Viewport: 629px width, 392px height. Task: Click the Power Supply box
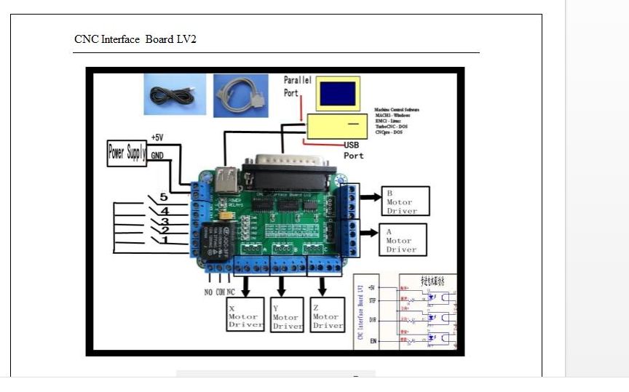tap(127, 153)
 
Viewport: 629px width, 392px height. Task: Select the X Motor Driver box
tap(245, 316)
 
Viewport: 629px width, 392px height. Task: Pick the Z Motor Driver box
tap(327, 315)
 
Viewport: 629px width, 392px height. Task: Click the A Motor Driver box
tap(403, 240)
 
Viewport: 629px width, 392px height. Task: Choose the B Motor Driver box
tap(405, 201)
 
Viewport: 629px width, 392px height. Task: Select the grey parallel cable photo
tap(241, 95)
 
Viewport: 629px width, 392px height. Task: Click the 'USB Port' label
tap(354, 151)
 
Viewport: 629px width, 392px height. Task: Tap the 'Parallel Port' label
tap(297, 87)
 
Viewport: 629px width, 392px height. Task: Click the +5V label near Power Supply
tap(157, 137)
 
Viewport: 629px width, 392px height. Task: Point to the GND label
tap(157, 156)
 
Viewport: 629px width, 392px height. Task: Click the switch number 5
tap(164, 197)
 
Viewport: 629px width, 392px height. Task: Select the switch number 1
tap(165, 240)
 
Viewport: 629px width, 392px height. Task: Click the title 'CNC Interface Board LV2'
tap(135, 39)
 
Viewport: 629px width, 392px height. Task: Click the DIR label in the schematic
tap(373, 320)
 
